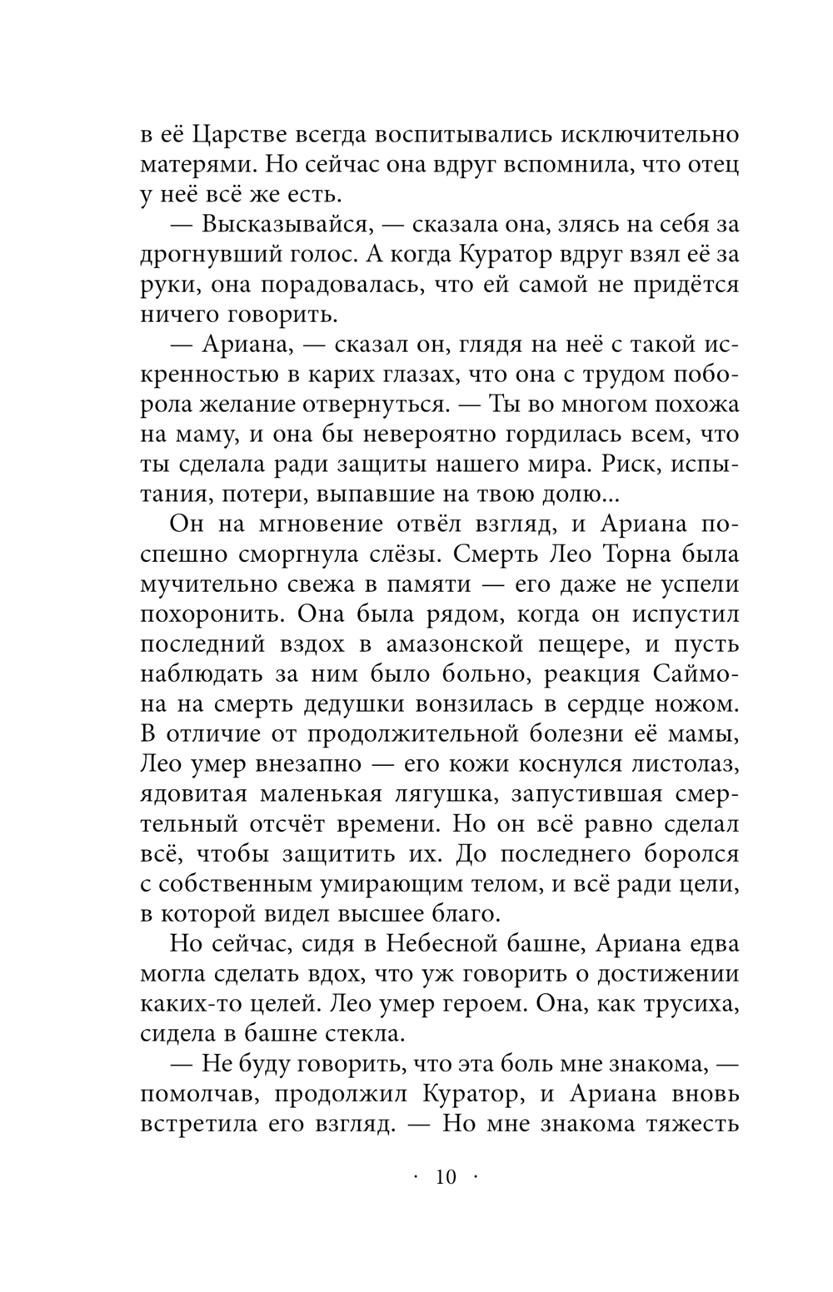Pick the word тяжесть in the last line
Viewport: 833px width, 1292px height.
click(686, 1124)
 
